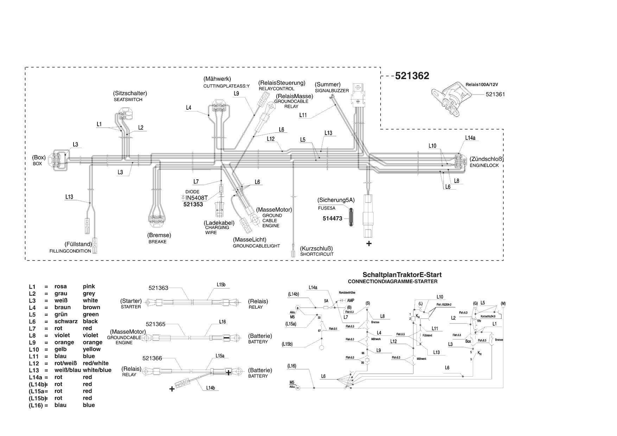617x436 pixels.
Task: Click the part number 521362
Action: point(412,76)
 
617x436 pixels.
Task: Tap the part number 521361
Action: point(495,94)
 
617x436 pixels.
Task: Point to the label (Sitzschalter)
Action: point(130,93)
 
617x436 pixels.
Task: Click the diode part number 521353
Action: point(193,204)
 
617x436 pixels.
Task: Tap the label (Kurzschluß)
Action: point(316,248)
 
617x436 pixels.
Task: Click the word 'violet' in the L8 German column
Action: point(62,335)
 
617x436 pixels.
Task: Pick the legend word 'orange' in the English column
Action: point(93,342)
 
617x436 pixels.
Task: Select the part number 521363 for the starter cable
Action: point(158,288)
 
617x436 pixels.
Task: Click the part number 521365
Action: point(155,324)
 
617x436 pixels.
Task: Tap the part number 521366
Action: point(152,358)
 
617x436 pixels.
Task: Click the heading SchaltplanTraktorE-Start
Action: point(402,275)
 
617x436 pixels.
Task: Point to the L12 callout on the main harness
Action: point(271,139)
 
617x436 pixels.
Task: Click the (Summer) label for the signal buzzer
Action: point(327,84)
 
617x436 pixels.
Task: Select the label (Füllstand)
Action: point(78,244)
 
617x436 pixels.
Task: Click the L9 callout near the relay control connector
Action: point(236,94)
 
